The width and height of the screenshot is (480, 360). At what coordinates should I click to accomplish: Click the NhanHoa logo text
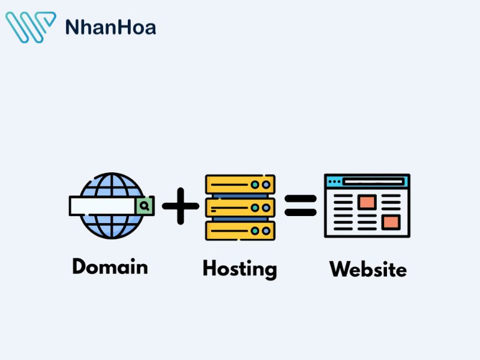coord(110,27)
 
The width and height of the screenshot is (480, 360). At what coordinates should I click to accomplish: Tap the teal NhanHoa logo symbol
coord(31,27)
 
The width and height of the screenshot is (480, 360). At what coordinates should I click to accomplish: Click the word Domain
coord(110,266)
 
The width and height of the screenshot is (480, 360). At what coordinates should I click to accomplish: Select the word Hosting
coord(240,269)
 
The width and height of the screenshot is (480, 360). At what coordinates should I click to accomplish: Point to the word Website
coord(368,269)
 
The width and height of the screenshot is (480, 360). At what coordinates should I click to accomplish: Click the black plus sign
coord(181,206)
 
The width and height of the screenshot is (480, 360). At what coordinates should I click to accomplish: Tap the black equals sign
coord(301,205)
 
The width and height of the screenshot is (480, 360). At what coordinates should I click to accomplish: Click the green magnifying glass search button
coord(144,206)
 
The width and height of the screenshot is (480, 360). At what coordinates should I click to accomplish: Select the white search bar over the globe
coord(103,206)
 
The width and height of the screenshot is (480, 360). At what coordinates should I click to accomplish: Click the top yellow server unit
coord(241,184)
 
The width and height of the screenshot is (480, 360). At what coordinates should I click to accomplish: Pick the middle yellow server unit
coord(241,208)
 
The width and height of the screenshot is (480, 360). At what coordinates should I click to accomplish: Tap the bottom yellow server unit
coord(241,231)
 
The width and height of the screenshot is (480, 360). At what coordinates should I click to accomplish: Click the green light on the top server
coord(254,185)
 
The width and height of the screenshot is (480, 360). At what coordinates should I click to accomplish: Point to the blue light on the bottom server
coord(266,231)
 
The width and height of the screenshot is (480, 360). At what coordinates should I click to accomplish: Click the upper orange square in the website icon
coord(367,202)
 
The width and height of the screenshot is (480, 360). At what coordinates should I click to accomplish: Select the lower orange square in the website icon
coord(391,222)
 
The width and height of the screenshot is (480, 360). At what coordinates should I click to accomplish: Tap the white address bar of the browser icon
coord(373,182)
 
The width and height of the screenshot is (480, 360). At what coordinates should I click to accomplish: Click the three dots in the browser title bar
coord(334,182)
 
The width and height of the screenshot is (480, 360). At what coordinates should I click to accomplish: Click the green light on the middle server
coord(254,208)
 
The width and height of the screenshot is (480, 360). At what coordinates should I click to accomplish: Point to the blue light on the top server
coord(266,185)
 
